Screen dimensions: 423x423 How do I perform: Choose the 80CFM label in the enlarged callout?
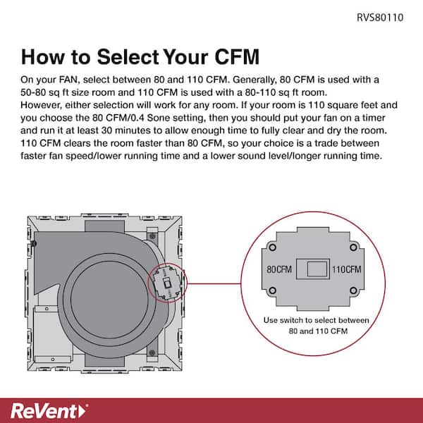pos(279,270)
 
